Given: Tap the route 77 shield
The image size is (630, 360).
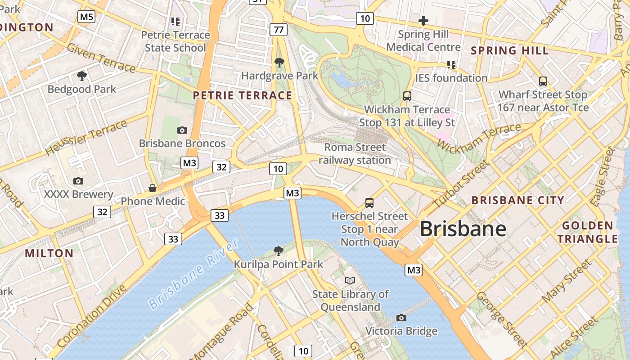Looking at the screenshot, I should click(x=279, y=30).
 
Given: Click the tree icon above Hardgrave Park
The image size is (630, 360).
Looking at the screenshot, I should click(x=279, y=62).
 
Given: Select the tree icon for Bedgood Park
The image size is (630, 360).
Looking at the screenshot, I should click(x=81, y=76).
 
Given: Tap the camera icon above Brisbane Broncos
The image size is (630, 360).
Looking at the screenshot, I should click(x=182, y=130).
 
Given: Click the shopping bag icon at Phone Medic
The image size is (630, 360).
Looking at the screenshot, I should click(x=153, y=188).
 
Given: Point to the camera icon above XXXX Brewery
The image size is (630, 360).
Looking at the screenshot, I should click(x=78, y=181).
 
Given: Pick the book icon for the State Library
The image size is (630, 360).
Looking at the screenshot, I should click(x=350, y=280).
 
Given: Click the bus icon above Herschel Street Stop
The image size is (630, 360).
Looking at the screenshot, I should click(x=369, y=202).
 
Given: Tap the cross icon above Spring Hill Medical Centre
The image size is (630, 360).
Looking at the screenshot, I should click(x=423, y=21).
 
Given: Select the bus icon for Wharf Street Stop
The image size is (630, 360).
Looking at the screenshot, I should click(x=543, y=81).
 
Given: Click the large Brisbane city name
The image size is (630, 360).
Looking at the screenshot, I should click(x=463, y=229).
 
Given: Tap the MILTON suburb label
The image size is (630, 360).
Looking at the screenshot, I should click(x=49, y=253).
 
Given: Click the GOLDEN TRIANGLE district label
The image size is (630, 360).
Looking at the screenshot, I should click(x=588, y=232).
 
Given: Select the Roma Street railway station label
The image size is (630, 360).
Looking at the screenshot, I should click(x=355, y=153).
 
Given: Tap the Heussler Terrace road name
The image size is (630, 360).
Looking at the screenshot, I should click(x=86, y=138).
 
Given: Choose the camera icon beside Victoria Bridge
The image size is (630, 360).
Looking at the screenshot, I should click(x=401, y=318).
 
